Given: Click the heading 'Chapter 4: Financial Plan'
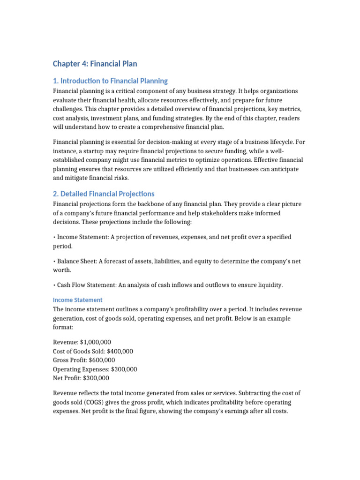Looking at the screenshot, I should pos(95,63).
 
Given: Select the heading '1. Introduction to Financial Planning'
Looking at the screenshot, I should pos(110,81).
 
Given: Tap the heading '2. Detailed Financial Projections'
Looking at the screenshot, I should pos(103,194).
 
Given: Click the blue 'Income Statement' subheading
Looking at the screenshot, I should pos(77,300).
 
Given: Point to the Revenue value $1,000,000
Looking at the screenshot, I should pos(96,342).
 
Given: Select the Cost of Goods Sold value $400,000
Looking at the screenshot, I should pos(120,351).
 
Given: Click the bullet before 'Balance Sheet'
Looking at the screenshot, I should pos(54,261).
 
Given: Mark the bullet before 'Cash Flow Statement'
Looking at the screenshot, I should pos(54,285).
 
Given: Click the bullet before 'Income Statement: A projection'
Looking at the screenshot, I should pos(54,237).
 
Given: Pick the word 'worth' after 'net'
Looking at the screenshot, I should pos(61,270).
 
